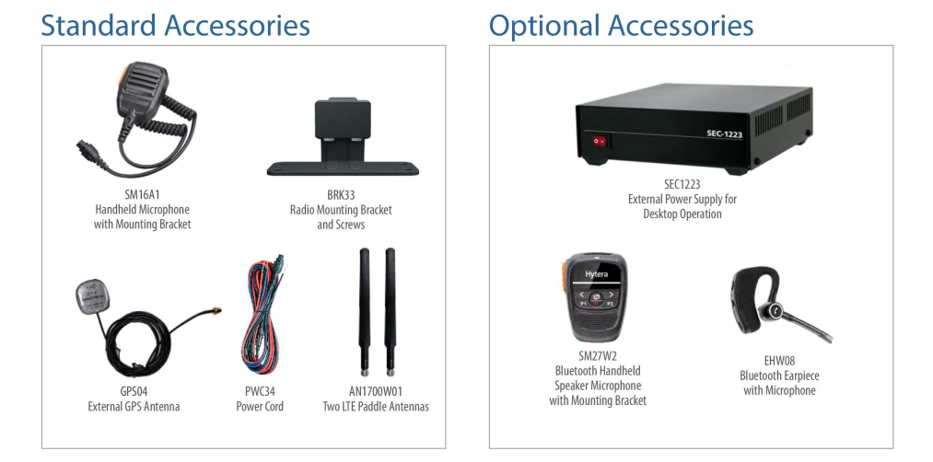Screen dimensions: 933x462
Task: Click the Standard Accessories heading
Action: pyautogui.click(x=176, y=26)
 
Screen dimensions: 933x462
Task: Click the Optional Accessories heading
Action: pyautogui.click(x=621, y=26)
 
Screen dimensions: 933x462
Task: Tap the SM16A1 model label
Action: pyautogui.click(x=142, y=194)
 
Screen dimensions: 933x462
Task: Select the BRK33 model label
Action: pyautogui.click(x=341, y=195)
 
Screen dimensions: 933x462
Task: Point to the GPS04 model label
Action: pyautogui.click(x=134, y=391)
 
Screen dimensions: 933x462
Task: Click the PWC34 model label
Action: pyautogui.click(x=260, y=391)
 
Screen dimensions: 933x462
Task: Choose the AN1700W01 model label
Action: pyautogui.click(x=376, y=391)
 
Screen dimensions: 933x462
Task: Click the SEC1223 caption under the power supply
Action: pyautogui.click(x=682, y=184)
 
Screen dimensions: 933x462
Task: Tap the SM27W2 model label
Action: pyautogui.click(x=598, y=355)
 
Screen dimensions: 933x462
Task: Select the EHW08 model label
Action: pyautogui.click(x=779, y=361)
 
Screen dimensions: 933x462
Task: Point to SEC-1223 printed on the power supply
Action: pyautogui.click(x=724, y=133)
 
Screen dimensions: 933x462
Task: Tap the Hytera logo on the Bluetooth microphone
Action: pyautogui.click(x=596, y=274)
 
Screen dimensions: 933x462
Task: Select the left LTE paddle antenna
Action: pyautogui.click(x=364, y=312)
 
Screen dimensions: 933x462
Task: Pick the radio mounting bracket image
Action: pyautogui.click(x=343, y=137)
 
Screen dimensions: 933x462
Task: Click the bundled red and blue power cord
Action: pyautogui.click(x=263, y=316)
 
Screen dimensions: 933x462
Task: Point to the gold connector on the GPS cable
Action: pyautogui.click(x=215, y=311)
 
